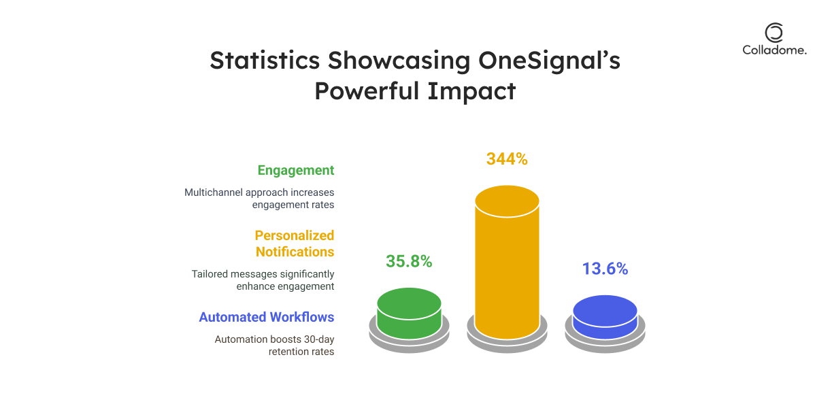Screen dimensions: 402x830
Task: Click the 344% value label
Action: point(507,159)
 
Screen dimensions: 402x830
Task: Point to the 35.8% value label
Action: point(409,261)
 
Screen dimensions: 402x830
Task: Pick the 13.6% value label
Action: point(605,269)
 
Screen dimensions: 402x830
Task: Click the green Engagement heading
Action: point(295,170)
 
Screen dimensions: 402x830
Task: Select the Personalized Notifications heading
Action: point(295,244)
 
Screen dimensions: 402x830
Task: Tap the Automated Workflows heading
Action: point(267,317)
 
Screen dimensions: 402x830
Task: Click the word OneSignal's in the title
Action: point(549,61)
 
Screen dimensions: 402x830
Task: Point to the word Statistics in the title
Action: point(265,61)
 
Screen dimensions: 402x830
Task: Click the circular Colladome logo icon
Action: point(774,33)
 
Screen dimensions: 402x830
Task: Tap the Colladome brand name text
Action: point(774,50)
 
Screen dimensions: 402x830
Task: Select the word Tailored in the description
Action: point(211,274)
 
